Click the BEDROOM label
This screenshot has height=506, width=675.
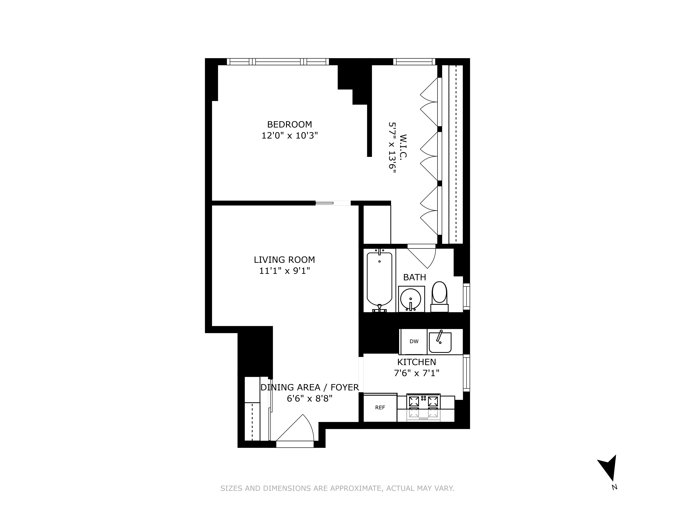pyautogui.click(x=289, y=124)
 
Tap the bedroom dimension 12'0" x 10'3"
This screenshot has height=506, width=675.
pyautogui.click(x=289, y=135)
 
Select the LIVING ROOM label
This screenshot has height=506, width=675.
pyautogui.click(x=284, y=260)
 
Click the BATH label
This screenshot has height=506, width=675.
pyautogui.click(x=414, y=277)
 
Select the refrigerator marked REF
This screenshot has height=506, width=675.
pyautogui.click(x=380, y=407)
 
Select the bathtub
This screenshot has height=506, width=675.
pyautogui.click(x=379, y=279)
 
